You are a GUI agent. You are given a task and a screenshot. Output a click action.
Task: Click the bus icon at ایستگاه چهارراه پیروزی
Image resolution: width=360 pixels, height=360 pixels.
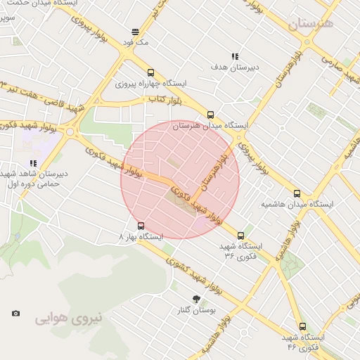click(150, 72)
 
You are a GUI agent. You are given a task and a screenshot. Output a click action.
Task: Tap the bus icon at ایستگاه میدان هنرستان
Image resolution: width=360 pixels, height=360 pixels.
click(210, 115)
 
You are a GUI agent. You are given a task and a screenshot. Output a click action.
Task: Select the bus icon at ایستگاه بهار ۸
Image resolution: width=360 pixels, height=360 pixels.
click(141, 226)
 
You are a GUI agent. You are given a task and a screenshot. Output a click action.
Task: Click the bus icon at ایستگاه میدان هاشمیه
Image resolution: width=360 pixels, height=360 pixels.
click(297, 193)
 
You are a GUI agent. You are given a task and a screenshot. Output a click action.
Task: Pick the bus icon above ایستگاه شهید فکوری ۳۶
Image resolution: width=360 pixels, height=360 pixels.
click(241, 236)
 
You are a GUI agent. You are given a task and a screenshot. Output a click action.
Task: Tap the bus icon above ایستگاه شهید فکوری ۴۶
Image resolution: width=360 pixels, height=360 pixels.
click(302, 326)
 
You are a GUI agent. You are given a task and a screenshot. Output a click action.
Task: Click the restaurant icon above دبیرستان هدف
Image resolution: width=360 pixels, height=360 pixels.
click(235, 56)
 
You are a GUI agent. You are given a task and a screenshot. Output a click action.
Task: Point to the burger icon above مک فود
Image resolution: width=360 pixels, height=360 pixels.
click(135, 32)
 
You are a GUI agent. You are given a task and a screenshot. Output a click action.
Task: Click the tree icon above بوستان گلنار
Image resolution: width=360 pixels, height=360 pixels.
click(196, 299)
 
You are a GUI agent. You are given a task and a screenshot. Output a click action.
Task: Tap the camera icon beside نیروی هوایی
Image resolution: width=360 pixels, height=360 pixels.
click(16, 313)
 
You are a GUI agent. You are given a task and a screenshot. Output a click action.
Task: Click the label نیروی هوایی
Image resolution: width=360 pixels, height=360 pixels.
click(69, 318)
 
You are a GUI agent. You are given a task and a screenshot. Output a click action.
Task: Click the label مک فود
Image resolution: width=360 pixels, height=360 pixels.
click(135, 43)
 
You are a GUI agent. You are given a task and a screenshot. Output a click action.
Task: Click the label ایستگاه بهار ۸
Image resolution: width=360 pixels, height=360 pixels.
click(141, 237)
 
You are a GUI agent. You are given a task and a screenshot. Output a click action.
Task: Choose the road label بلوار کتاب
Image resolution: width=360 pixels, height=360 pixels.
click(165, 100)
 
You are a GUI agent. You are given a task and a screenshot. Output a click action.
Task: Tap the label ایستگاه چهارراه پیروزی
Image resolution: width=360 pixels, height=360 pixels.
click(150, 84)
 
